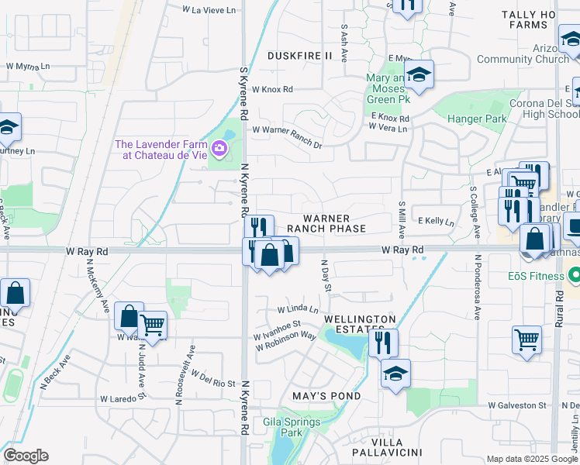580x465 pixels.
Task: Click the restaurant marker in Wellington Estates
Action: click(382, 342)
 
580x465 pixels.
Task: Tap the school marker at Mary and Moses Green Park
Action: click(418, 74)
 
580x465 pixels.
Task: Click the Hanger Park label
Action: click(477, 119)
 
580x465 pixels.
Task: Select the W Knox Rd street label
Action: click(272, 90)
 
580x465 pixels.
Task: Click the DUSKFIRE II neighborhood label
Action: click(299, 56)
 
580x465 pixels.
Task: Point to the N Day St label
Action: click(326, 276)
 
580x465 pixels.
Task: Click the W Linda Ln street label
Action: click(298, 309)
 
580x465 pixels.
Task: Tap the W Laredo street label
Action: click(119, 399)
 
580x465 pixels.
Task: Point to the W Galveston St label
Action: click(517, 405)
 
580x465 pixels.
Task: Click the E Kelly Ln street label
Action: click(437, 222)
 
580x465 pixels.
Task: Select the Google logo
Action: click(26, 456)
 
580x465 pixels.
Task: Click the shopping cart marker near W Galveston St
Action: click(526, 339)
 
